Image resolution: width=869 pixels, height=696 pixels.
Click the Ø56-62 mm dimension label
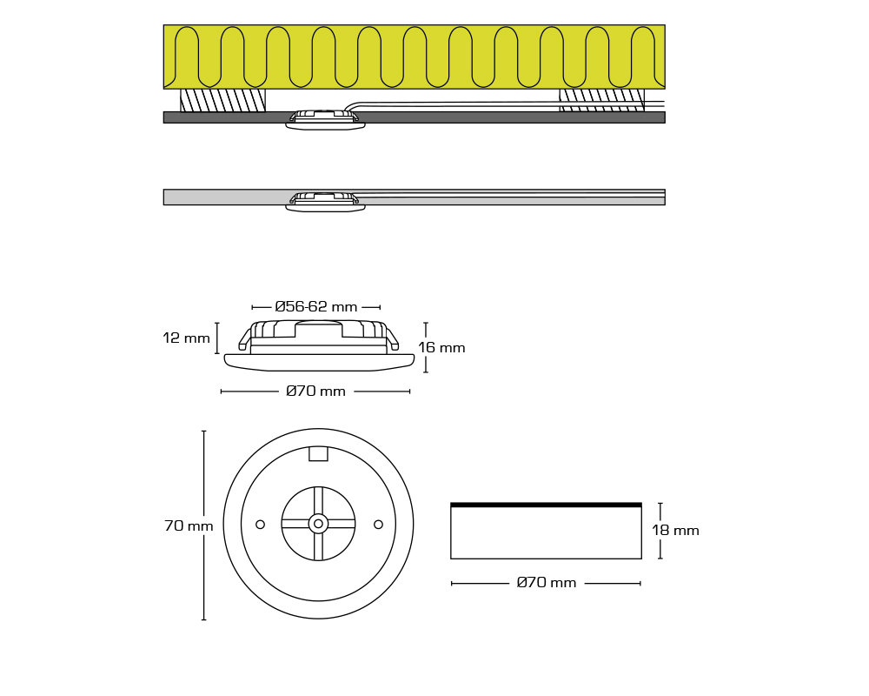pos(316,307)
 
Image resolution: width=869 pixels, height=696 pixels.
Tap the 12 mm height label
pos(186,338)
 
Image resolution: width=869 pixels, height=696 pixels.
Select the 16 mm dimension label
pos(441,348)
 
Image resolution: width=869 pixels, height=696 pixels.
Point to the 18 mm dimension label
pos(675,531)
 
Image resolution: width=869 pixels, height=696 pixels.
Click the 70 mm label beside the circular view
pos(189,525)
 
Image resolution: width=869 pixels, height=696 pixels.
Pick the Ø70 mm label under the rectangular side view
pos(547,583)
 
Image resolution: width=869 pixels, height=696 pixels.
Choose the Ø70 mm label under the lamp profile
pos(316,391)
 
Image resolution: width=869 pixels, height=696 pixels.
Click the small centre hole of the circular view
pos(318,524)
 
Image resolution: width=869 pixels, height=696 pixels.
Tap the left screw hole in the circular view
pos(260,525)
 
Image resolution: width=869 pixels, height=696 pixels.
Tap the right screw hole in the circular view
pos(379,525)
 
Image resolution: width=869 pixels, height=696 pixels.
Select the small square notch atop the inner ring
pos(318,453)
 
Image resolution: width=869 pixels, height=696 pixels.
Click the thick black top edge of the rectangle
pos(546,505)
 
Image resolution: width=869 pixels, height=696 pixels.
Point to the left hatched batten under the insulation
pos(222,100)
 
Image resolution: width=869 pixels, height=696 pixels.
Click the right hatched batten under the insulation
pos(602,100)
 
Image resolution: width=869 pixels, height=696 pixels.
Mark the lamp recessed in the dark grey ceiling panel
pos(325,120)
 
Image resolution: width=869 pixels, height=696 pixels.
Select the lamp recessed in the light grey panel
pos(325,201)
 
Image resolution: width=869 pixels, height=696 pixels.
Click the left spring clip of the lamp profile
pos(244,339)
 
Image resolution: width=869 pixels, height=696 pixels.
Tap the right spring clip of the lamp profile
pos(392,339)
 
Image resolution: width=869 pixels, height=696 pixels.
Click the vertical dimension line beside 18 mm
pos(660,531)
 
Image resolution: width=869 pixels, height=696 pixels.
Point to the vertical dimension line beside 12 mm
pos(216,338)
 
